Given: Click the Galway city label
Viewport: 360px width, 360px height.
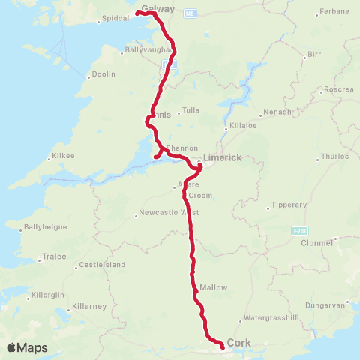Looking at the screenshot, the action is coord(157,10).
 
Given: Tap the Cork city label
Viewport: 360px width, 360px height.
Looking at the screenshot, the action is coord(239,343).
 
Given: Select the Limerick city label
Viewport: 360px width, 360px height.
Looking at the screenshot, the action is coord(222,157).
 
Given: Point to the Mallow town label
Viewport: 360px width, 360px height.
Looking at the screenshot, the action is coord(214,287).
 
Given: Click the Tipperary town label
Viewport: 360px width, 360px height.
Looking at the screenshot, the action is coord(289,205).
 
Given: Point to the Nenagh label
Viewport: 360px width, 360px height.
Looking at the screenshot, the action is coord(274,114).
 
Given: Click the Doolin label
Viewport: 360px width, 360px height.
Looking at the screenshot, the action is coord(103,75).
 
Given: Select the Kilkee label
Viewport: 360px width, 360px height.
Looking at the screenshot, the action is coord(60,157).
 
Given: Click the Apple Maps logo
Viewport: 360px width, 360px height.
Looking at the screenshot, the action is coord(27,347).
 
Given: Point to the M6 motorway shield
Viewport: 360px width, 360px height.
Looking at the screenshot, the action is coord(190,13).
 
